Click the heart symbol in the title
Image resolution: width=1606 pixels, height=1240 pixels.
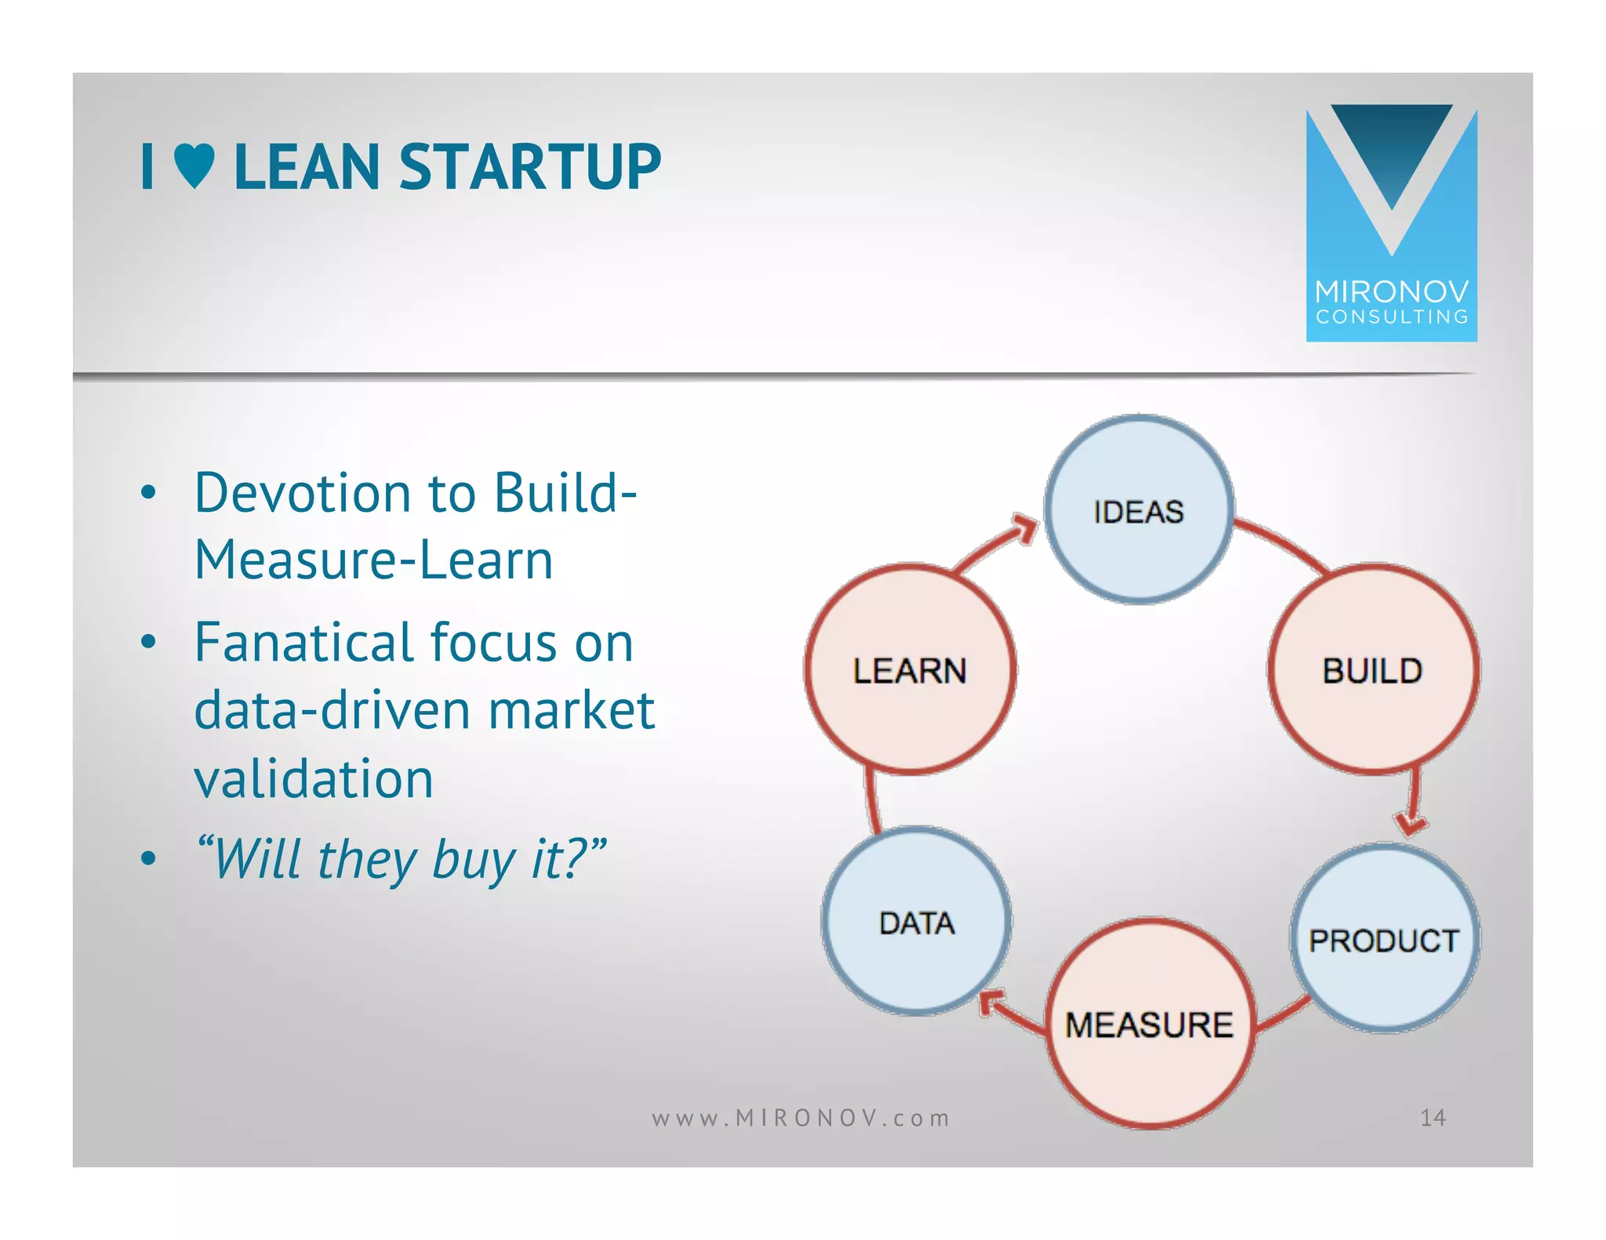click(194, 166)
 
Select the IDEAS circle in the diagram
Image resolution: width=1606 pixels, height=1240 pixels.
click(1139, 510)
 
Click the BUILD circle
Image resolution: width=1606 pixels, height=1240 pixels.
click(1372, 670)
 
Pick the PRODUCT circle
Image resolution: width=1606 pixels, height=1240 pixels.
click(1384, 939)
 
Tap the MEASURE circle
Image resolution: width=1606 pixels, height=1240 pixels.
click(1149, 1024)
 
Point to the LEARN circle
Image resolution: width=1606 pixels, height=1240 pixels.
click(910, 670)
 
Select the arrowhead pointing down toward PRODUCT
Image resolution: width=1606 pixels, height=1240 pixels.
click(1411, 824)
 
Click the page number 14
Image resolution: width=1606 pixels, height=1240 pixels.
click(1433, 1118)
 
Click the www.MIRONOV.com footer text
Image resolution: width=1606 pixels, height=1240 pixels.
click(801, 1118)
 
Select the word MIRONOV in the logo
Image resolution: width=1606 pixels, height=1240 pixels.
click(1391, 292)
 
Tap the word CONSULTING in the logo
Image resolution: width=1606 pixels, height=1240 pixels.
click(1391, 317)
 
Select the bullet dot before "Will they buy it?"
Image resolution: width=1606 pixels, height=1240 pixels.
click(148, 859)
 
